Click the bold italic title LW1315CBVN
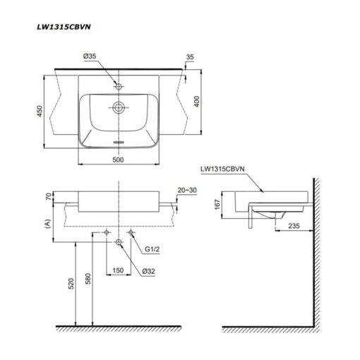[64, 27]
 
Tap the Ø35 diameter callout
[90, 56]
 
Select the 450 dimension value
[40, 111]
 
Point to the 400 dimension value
[197, 102]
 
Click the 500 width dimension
[118, 160]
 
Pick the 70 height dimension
[49, 196]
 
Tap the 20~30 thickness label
[187, 190]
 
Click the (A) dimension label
[48, 224]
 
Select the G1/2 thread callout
[152, 249]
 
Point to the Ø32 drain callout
[149, 271]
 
